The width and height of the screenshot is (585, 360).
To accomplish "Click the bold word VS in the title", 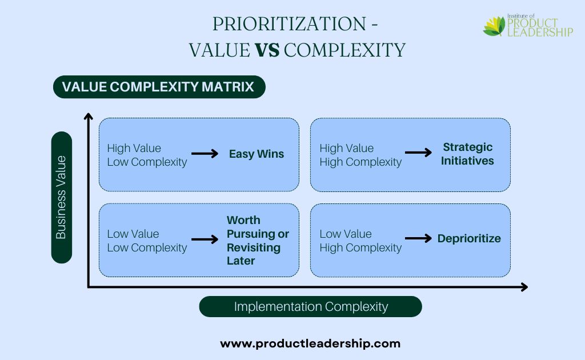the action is point(267,50).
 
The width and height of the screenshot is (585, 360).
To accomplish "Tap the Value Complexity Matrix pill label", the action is point(159,87).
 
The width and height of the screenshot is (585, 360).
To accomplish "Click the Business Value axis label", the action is point(61,197).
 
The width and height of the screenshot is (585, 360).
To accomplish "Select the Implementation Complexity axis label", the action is point(310,307).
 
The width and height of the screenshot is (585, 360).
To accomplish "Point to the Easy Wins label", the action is point(257,154).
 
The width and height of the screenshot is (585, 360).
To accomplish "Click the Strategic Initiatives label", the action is point(467,154).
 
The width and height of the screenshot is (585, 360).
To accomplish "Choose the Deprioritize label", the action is point(469,238).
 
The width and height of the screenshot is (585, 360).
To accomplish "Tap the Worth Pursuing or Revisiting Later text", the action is point(258,240).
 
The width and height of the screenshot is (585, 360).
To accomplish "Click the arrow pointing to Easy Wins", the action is point(205,153).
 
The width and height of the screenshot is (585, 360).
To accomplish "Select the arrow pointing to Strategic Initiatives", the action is point(418,152).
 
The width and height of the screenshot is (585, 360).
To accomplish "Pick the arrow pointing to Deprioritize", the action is point(418,238).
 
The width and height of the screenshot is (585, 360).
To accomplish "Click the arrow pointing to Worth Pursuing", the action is point(205,239).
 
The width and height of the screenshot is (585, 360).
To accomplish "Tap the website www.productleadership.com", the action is point(310,343).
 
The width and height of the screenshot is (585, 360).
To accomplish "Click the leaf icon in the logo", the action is point(494,26).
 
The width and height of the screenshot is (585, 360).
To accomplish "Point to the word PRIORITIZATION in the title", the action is point(290,24).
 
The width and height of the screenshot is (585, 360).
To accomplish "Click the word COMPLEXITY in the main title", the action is point(344,50).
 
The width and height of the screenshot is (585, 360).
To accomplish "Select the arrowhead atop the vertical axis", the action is point(89,116).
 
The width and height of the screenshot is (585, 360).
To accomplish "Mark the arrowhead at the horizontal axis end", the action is point(524,287).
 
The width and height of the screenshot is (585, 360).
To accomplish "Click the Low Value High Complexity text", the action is point(360,241).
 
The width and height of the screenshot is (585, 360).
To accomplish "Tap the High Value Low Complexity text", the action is point(147,155).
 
